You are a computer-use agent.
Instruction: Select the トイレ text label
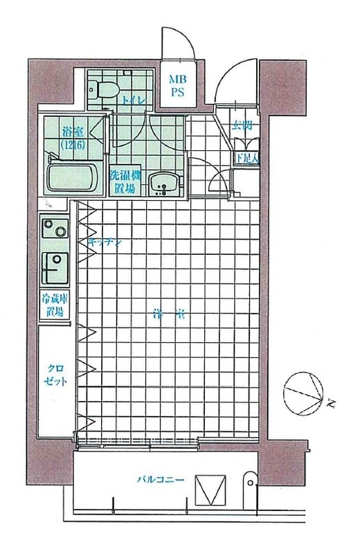pyautogui.click(x=133, y=101)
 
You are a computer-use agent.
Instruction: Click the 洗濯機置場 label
pyautogui.click(x=125, y=181)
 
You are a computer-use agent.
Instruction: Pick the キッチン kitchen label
pyautogui.click(x=105, y=242)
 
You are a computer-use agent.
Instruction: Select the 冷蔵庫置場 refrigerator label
pyautogui.click(x=54, y=306)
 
